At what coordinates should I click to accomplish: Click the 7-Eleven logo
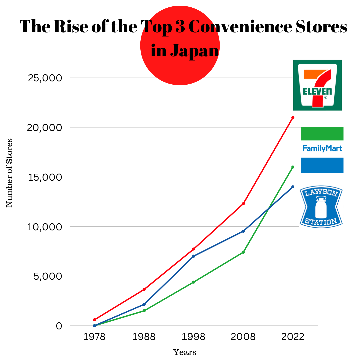click(x=317, y=85)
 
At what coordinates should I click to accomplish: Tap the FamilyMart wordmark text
click(x=322, y=148)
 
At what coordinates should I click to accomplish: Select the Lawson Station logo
click(x=321, y=207)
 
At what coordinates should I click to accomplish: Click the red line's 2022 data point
click(x=293, y=118)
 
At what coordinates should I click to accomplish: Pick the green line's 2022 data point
click(x=293, y=167)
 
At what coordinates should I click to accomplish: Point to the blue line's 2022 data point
click(x=293, y=187)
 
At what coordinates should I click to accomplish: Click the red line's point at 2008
click(x=243, y=204)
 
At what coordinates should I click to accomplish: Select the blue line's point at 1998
click(x=194, y=256)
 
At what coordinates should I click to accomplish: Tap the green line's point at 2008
click(x=243, y=252)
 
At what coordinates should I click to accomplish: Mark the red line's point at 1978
click(x=94, y=320)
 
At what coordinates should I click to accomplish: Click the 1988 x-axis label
click(x=144, y=337)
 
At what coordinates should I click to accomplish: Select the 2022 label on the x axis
click(x=293, y=337)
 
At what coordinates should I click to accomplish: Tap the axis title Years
click(x=185, y=352)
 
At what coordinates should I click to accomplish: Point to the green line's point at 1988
click(x=144, y=311)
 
